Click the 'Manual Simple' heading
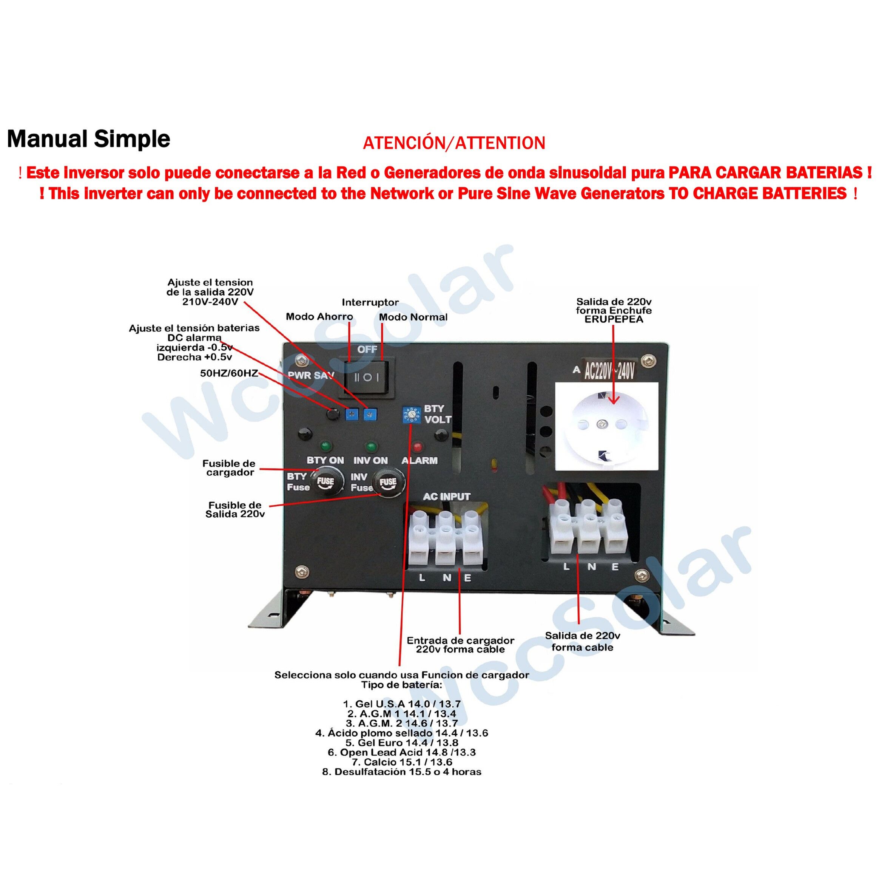click(x=89, y=139)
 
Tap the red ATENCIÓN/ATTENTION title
click(x=453, y=143)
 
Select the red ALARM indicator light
click(x=417, y=446)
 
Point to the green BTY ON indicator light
click(x=325, y=446)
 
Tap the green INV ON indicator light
click(x=371, y=446)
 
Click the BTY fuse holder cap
click(x=325, y=482)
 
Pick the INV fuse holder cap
click(x=388, y=482)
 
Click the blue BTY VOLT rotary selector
click(x=411, y=415)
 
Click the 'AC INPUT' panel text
click(x=446, y=497)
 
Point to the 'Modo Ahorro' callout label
click(x=319, y=317)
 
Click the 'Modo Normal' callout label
click(x=413, y=317)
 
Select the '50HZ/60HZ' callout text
click(x=229, y=373)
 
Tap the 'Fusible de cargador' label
click(x=229, y=468)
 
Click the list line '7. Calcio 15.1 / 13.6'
click(x=402, y=762)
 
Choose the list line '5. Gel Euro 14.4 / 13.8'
click(x=402, y=743)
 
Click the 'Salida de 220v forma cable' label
click(x=582, y=642)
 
